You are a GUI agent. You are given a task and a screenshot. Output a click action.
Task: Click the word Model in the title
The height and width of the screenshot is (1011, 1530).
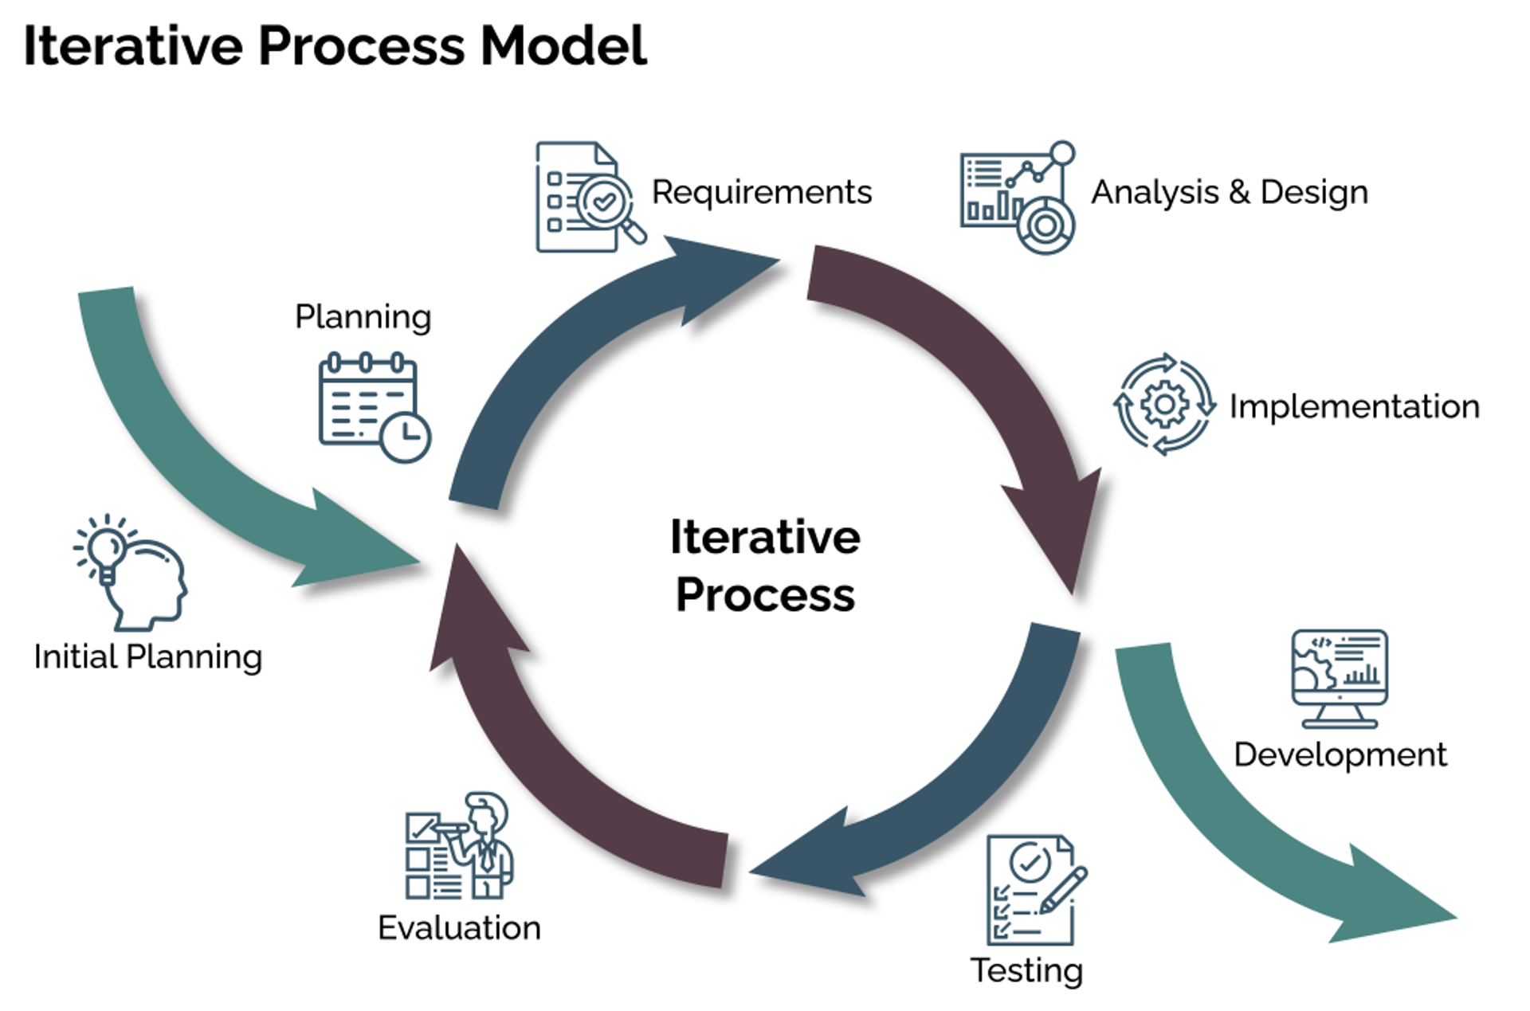click(x=563, y=46)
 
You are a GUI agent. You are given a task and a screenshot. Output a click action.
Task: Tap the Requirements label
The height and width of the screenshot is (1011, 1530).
click(x=761, y=192)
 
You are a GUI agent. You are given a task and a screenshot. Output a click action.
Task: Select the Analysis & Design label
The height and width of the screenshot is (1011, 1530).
click(x=1229, y=192)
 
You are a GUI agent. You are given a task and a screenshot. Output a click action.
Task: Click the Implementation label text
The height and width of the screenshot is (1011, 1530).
click(x=1354, y=406)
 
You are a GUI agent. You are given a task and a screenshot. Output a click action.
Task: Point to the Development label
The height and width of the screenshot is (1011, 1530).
click(x=1340, y=754)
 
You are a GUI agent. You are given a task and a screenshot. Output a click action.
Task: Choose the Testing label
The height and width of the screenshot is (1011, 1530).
click(x=1026, y=970)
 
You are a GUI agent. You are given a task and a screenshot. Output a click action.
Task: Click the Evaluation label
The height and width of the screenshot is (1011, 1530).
click(x=459, y=927)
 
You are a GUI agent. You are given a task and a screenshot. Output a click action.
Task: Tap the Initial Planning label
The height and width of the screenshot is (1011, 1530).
click(x=147, y=656)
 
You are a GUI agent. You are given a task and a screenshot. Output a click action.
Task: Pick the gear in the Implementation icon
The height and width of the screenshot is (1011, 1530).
click(x=1164, y=405)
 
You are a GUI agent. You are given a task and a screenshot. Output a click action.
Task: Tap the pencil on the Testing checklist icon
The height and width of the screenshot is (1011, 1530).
click(x=1064, y=891)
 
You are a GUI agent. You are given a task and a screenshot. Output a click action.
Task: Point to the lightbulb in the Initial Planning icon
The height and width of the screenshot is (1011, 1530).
click(x=106, y=548)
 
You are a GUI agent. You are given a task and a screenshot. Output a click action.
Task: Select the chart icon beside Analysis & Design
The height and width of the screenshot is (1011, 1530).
click(x=1016, y=197)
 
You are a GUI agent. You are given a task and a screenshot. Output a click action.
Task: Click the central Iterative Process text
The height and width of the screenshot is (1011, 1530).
click(x=764, y=565)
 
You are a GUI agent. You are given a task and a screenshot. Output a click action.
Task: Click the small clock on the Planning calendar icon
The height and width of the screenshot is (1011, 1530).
click(x=405, y=437)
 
